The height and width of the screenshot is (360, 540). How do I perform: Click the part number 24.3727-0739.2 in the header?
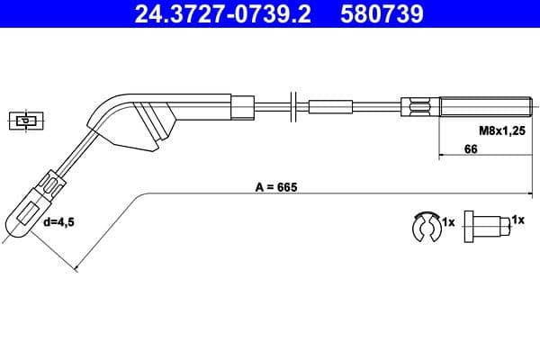[222, 14]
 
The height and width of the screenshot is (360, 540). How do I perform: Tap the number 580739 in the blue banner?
[382, 14]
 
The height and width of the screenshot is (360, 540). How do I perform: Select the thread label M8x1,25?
[502, 130]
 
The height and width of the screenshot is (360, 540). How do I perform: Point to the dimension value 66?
[471, 148]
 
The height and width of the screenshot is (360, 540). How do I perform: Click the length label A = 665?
[276, 187]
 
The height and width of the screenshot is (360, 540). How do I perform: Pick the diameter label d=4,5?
[58, 222]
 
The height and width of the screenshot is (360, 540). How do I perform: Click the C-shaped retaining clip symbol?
[427, 227]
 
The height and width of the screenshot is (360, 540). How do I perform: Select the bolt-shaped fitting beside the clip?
[486, 226]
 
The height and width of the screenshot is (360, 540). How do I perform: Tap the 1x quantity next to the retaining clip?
[448, 222]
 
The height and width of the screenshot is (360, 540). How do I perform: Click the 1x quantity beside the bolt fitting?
[518, 220]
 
